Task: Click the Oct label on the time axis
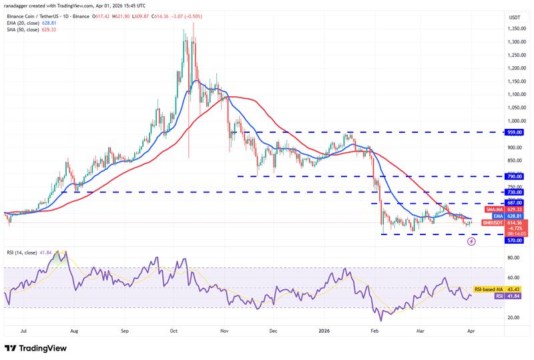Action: tap(173, 330)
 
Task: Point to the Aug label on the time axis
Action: tap(74, 330)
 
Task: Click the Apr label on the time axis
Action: tap(471, 330)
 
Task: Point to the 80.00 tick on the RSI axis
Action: tap(515, 257)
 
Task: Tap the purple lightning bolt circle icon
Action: tap(471, 241)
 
